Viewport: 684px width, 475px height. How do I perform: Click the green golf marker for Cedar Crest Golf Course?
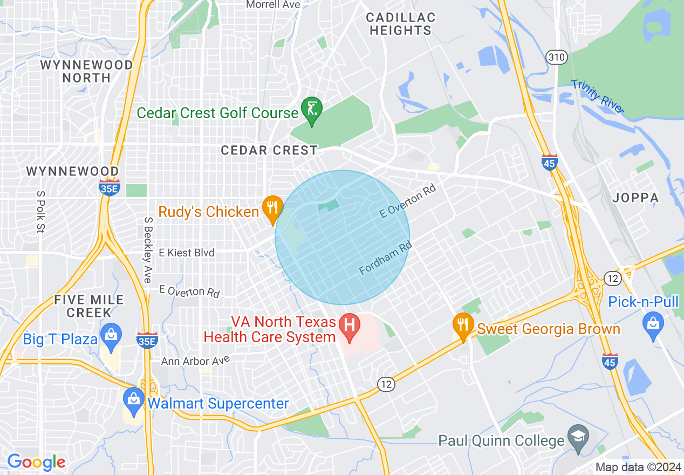pos(312,110)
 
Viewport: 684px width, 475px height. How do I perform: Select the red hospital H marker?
pos(349,326)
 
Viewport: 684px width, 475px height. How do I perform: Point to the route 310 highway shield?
pos(555,57)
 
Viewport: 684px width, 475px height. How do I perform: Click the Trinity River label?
pos(598,97)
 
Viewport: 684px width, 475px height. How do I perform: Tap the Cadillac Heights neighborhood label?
pos(401,24)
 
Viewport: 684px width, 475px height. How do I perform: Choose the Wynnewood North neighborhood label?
pos(86,71)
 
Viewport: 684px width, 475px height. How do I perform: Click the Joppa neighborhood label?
pos(635,198)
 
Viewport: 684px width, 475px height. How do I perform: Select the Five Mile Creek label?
pos(89,306)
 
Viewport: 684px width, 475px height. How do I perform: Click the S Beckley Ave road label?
pos(147,249)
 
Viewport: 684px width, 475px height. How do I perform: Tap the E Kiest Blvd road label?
pos(186,253)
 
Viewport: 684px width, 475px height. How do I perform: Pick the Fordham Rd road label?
pos(385,258)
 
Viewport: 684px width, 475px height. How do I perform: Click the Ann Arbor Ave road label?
pos(196,359)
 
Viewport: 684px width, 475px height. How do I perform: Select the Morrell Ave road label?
pos(273,4)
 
